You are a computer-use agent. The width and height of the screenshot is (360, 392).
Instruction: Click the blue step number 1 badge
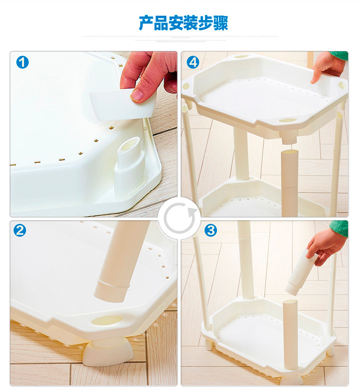pyautogui.click(x=23, y=62)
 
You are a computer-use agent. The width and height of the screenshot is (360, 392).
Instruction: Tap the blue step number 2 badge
pyautogui.click(x=20, y=230)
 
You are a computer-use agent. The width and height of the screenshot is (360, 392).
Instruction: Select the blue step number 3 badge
pyautogui.click(x=211, y=230)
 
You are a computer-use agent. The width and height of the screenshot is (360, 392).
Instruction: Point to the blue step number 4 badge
pyautogui.click(x=193, y=62)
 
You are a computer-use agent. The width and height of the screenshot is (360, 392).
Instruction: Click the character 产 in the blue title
pyautogui.click(x=146, y=23)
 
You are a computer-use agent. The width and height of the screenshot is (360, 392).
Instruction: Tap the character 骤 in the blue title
pyautogui.click(x=221, y=23)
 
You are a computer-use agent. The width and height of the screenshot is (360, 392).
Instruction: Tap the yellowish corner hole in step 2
pyautogui.click(x=107, y=320)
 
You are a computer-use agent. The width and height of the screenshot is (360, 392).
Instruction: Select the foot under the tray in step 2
pyautogui.click(x=108, y=352)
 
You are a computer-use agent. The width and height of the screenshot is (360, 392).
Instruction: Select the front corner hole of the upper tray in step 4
pyautogui.click(x=288, y=121)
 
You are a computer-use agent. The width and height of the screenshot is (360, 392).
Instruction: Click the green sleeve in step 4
pyautogui.click(x=339, y=56)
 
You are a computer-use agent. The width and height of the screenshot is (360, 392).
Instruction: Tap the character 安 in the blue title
pyautogui.click(x=176, y=23)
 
